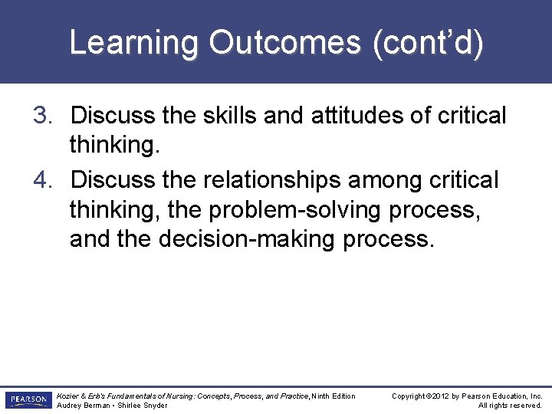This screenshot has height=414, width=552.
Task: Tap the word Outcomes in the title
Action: click(x=284, y=44)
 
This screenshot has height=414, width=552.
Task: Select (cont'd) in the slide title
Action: click(x=428, y=44)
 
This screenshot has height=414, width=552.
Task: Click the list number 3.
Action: click(x=41, y=117)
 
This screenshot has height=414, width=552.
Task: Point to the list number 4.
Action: click(x=41, y=181)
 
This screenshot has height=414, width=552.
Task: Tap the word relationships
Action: click(x=273, y=181)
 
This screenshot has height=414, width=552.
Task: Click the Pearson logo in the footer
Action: click(x=28, y=400)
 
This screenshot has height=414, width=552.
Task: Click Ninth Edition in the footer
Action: click(x=334, y=396)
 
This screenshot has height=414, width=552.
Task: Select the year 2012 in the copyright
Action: click(x=439, y=396)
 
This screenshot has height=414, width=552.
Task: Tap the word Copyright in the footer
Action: click(x=409, y=396)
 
